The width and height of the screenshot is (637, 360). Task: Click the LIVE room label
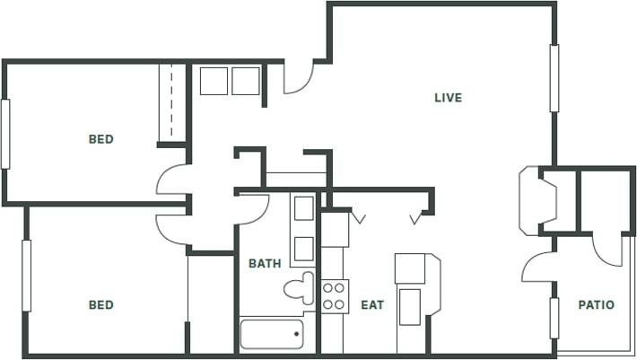point(448,97)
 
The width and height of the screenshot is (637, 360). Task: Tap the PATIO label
point(596,305)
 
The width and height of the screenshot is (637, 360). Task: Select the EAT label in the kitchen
point(372,305)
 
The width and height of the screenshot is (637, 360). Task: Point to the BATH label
point(265,264)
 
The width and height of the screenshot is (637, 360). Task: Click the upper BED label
point(100,139)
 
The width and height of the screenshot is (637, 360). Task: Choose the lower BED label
point(100,305)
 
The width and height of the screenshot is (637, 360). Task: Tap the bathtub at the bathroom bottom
point(272,334)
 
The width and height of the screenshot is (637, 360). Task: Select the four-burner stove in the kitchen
point(335,296)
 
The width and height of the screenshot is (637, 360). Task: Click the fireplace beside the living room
point(539,199)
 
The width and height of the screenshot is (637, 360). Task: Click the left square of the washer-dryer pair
point(214,81)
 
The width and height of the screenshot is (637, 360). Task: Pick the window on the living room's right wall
point(554,78)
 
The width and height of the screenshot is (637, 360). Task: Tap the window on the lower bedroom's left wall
point(27,275)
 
